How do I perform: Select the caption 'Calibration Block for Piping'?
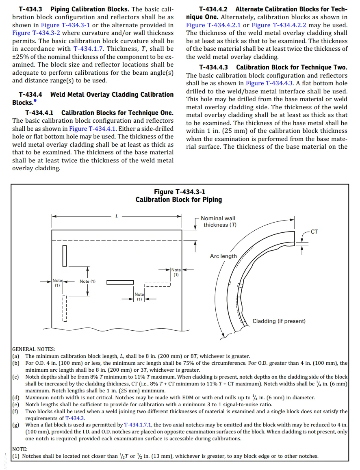(179, 199)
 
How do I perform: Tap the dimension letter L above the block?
(117, 217)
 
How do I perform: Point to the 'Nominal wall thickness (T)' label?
(219, 221)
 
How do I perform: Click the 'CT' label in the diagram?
(314, 232)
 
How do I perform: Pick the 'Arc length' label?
(223, 256)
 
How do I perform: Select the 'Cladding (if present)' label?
(279, 321)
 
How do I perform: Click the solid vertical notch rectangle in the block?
(64, 256)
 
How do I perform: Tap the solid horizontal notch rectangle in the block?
(120, 282)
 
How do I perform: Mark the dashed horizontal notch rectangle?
(158, 284)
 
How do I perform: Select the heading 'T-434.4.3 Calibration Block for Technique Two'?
(273, 67)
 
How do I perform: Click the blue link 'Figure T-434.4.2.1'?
(213, 25)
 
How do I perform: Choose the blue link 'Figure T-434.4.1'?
(93, 128)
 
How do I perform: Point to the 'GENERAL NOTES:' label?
(34, 349)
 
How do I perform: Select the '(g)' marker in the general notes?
(17, 425)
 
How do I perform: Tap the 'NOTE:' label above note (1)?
(20, 449)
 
